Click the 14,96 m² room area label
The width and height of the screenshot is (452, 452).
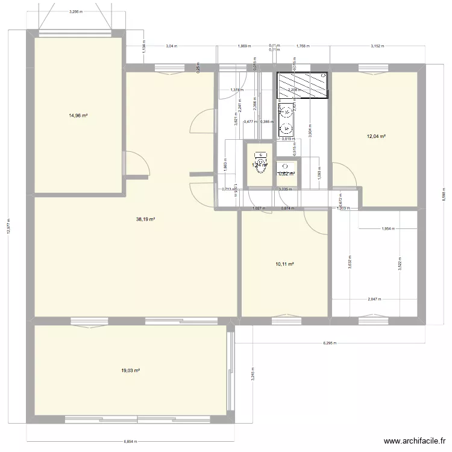coord(78,115)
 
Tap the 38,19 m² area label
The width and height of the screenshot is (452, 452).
coord(146,219)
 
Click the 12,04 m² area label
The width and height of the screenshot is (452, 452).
coord(375,136)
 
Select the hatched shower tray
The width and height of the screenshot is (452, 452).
coord(303,85)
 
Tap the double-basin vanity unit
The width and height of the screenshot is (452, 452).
coord(286,119)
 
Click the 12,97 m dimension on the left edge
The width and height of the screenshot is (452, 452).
coord(8,227)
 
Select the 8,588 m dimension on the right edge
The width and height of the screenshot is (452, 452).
coord(444,196)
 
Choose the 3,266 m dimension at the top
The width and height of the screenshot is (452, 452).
coord(76,11)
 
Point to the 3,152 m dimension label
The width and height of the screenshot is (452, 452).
coord(377,46)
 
